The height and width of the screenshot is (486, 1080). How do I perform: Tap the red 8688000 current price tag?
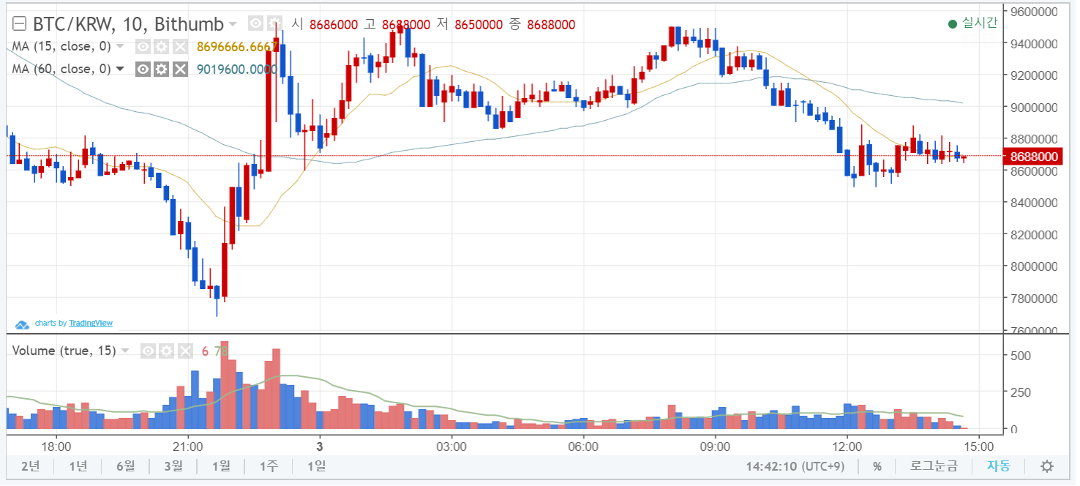pos(1034,157)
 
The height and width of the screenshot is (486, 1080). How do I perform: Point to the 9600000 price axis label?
pos(1034,12)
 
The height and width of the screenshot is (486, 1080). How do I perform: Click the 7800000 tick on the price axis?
pos(1034,299)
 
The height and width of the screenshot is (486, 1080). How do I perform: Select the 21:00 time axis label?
pos(188,446)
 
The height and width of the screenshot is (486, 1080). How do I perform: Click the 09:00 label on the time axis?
pos(715,446)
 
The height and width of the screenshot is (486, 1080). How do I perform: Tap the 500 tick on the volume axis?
pos(1023,356)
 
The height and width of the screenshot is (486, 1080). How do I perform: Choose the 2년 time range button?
pos(30,466)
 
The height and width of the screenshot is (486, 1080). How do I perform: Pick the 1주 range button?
pos(269,466)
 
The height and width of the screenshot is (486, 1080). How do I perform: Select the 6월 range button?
pos(125,466)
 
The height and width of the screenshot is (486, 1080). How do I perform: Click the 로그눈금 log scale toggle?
pos(934,466)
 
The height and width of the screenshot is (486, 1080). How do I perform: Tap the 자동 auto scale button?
pos(998,466)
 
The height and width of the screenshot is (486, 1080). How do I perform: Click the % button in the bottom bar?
pos(877,466)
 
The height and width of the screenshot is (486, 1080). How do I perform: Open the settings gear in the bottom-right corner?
pos(1047,466)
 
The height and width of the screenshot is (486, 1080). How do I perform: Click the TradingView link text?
pos(91,323)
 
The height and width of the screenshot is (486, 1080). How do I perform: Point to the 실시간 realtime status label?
pos(979,23)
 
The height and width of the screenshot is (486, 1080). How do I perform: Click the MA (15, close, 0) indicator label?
pos(61,47)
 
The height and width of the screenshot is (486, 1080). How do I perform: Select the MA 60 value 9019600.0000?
pos(236,70)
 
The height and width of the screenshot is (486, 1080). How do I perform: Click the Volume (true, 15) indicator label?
pos(64,351)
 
